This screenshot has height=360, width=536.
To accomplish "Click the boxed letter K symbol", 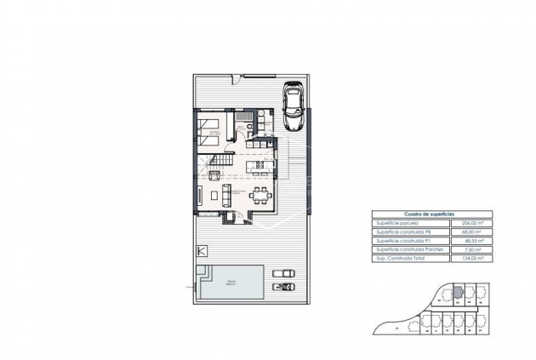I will pyautogui.click(x=202, y=251).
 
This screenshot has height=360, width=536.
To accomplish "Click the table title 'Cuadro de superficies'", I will pyautogui.click(x=422, y=216).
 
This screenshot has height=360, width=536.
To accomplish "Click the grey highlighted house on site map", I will pyautogui.click(x=457, y=292).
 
